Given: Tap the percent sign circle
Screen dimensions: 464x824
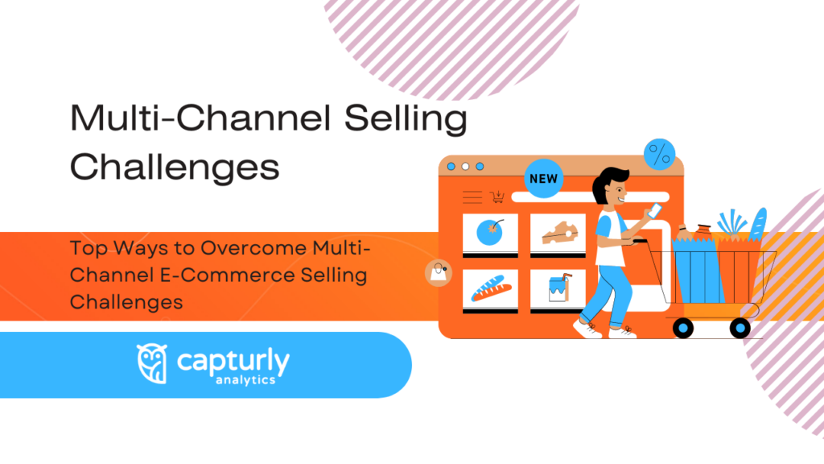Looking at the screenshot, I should click(x=659, y=155).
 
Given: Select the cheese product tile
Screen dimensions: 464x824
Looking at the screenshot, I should click(x=558, y=234).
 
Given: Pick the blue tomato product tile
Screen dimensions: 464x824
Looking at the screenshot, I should click(x=490, y=234).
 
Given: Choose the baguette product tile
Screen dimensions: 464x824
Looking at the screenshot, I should click(x=490, y=291).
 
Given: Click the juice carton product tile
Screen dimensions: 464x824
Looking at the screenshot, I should click(x=558, y=291).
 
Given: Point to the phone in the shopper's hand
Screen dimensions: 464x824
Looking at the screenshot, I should click(x=655, y=210).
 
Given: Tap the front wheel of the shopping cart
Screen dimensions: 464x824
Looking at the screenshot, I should click(x=683, y=327).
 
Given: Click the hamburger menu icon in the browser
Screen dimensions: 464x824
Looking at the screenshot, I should click(x=472, y=197).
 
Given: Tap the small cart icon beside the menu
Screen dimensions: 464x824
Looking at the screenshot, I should click(x=498, y=197).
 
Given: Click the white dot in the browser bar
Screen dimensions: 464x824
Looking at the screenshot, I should click(x=452, y=167).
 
